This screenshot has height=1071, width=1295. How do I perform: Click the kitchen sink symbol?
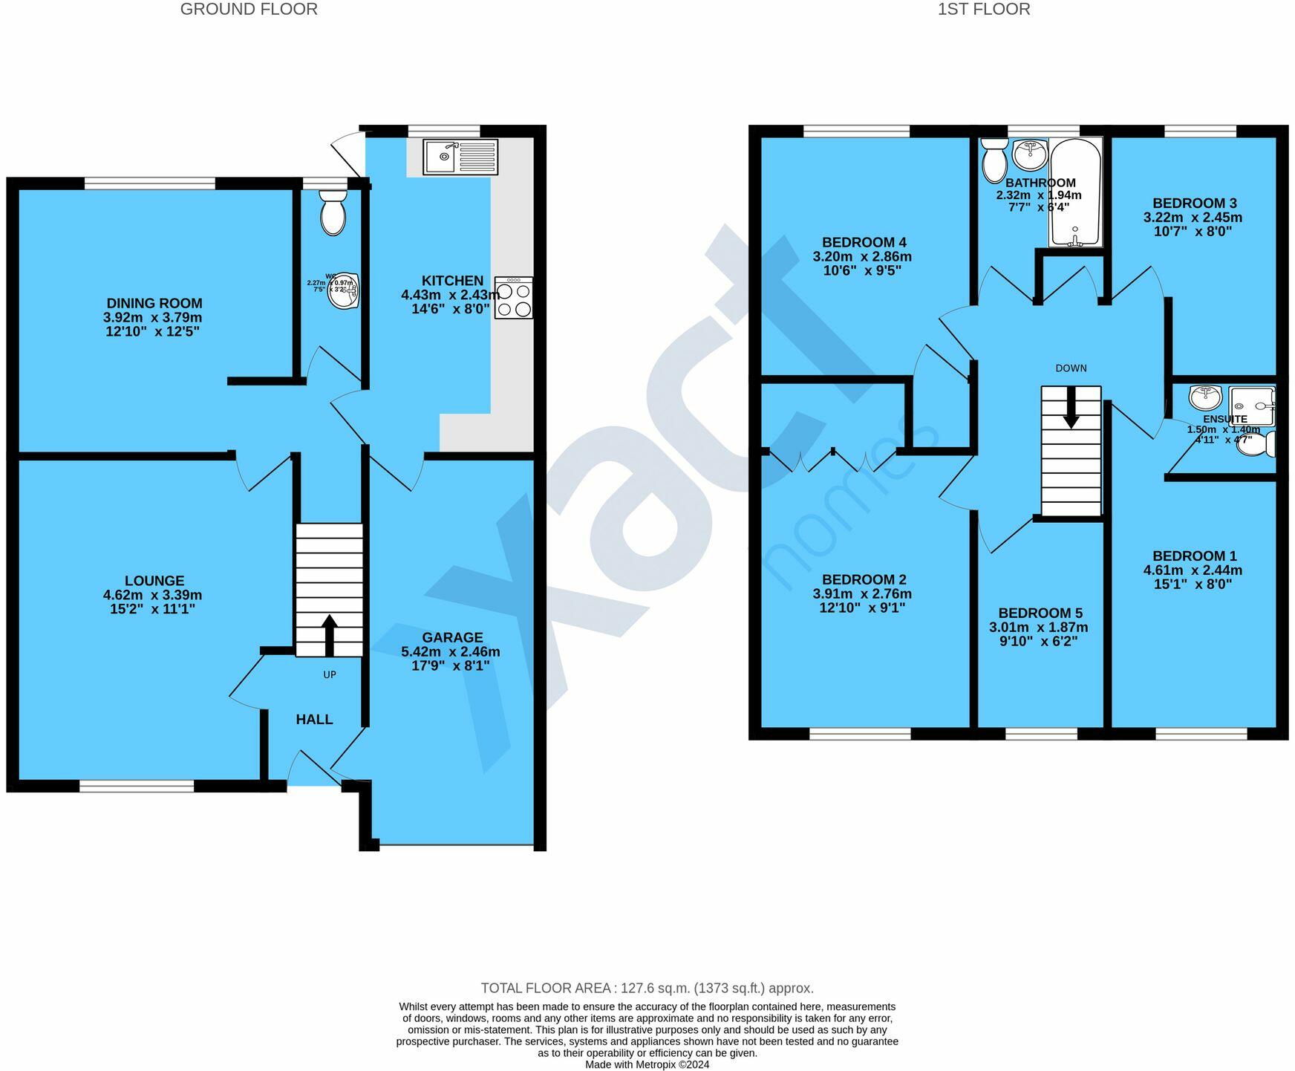460,157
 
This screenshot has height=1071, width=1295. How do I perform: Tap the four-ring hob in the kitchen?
514,298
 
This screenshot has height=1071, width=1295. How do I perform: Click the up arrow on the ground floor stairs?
330,635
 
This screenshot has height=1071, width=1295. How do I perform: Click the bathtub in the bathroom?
1074,192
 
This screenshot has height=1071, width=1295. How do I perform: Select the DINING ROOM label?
154,303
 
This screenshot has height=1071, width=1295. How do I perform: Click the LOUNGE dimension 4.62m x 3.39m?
153,595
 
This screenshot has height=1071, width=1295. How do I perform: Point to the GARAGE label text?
452,637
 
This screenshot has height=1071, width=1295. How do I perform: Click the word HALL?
314,719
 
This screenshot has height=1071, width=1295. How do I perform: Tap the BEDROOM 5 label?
1040,613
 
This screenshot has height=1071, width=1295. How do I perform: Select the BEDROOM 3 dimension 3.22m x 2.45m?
1193,218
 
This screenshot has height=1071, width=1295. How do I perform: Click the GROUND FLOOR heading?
249,10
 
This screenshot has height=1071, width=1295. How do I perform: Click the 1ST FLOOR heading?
983,10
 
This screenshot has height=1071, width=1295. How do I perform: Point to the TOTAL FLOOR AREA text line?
647,988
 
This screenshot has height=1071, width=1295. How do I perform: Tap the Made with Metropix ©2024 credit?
647,1064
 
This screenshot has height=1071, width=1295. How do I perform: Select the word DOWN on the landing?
1071,368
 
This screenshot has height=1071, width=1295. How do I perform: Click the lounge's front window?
137,786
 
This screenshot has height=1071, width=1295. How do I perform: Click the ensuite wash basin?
1205,397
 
